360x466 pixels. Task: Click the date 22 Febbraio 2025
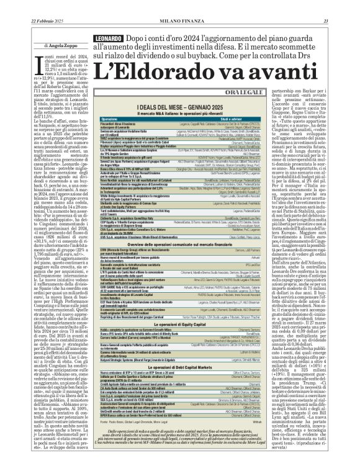click(30, 6)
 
